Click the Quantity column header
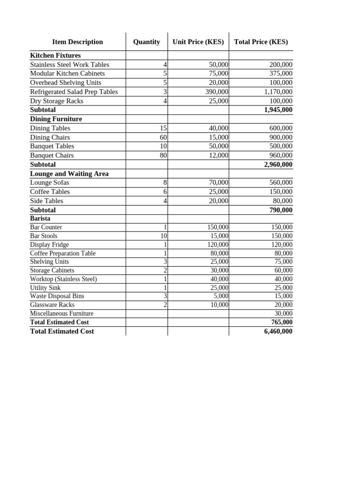tap(146, 42)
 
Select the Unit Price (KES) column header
tap(198, 42)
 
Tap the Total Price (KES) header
tap(261, 42)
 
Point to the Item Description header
tap(77, 42)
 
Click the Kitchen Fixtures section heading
tap(55, 55)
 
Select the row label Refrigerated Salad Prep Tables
tap(74, 92)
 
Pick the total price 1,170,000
tap(278, 92)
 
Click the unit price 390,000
tap(217, 92)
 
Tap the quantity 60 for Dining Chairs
tap(164, 137)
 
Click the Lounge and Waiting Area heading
tap(69, 173)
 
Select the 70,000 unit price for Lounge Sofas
tap(218, 182)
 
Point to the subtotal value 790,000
tap(281, 210)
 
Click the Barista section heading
tap(40, 218)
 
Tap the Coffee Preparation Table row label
tap(62, 253)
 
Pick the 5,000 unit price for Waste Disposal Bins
tap(220, 296)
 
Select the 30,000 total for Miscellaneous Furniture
tap(283, 313)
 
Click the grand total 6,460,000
tap(278, 331)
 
